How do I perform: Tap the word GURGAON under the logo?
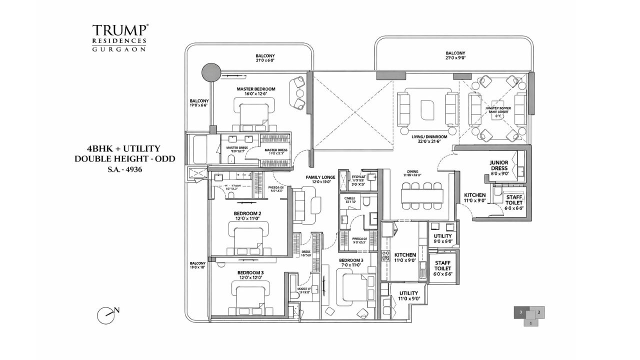tap(118, 49)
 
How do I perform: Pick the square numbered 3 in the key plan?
tap(521, 312)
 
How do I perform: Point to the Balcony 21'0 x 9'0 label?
tap(455, 55)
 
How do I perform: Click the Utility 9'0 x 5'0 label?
tap(442, 238)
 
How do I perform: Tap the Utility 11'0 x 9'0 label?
tap(408, 296)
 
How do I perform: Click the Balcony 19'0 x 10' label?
tap(197, 265)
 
